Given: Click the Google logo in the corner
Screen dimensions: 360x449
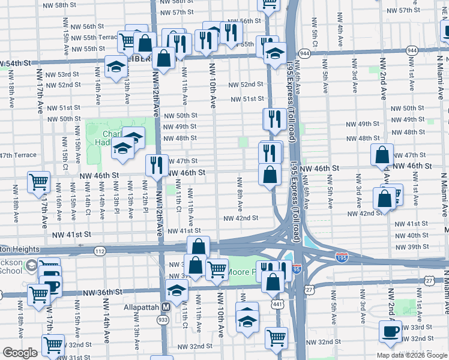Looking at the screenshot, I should tap(20, 353).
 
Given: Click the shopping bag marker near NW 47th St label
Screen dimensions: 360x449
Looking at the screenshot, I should tap(382, 154).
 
